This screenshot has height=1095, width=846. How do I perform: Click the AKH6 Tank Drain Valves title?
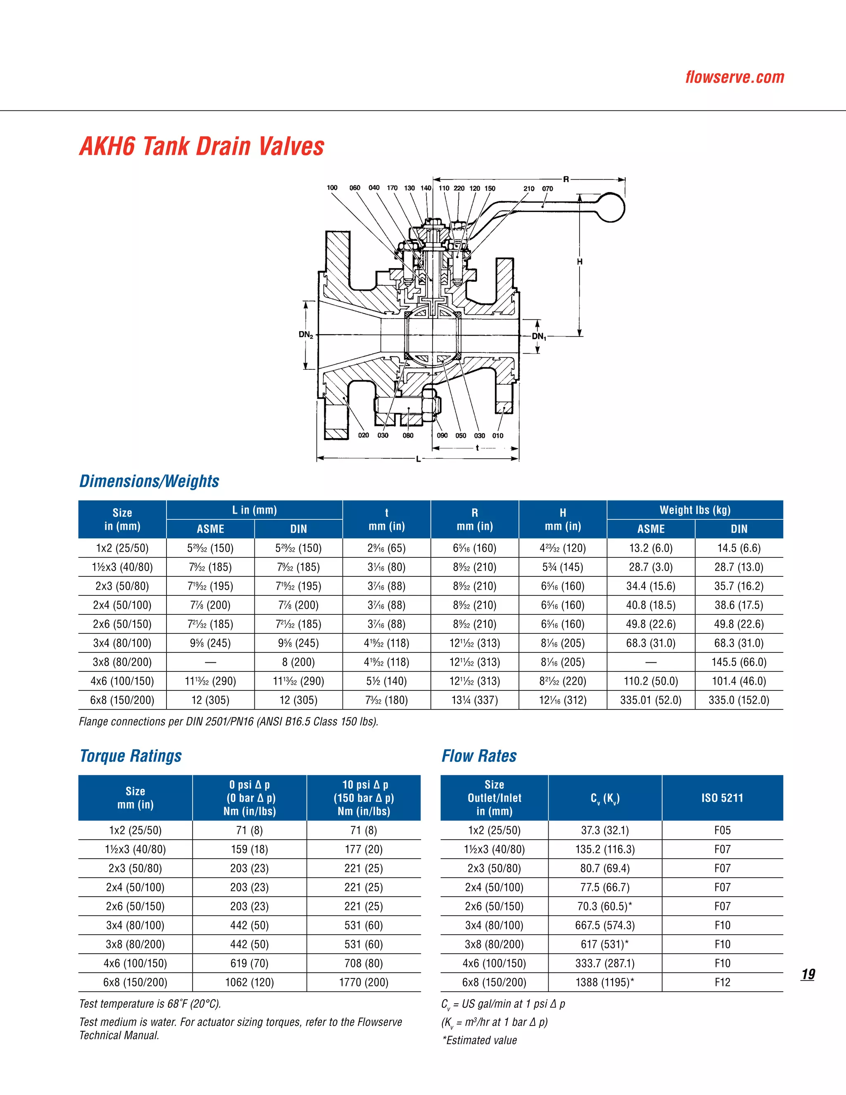(202, 146)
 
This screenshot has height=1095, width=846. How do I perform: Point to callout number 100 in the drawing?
(332, 188)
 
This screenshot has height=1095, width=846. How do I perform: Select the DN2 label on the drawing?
(306, 334)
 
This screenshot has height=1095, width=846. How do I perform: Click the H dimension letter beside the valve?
(580, 262)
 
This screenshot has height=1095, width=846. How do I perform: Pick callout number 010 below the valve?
(497, 436)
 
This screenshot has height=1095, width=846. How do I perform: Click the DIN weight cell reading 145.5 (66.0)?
(739, 662)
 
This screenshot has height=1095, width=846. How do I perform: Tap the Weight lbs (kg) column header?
(695, 510)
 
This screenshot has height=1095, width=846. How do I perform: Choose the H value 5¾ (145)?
(562, 567)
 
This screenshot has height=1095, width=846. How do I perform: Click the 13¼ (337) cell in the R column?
(474, 700)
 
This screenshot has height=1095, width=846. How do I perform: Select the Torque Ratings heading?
(131, 756)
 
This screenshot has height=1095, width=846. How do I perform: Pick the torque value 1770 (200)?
(364, 982)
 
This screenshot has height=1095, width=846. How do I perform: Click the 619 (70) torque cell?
(249, 963)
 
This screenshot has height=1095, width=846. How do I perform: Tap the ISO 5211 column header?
(722, 797)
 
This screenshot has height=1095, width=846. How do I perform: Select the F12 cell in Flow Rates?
(722, 982)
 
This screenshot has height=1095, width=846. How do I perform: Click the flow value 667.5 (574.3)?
(604, 925)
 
